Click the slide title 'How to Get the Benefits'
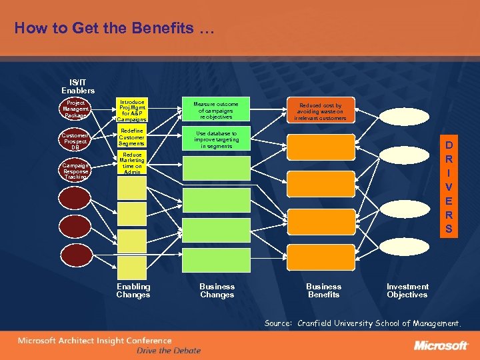(114, 29)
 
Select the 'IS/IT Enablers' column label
(78, 86)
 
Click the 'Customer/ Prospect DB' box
(75, 142)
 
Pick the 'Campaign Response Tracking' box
(75, 171)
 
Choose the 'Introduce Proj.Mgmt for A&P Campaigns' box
(131, 111)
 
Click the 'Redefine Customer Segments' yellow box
(131, 137)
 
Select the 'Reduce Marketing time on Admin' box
(131, 163)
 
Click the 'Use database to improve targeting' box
(215, 139)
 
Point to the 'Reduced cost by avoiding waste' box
(321, 111)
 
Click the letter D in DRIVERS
(449, 145)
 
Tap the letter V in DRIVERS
(449, 187)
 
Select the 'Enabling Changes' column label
(133, 291)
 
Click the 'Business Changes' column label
(217, 291)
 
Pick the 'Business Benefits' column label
(323, 291)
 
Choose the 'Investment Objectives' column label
(407, 291)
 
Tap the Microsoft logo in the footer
(441, 345)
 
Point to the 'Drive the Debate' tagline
(168, 351)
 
